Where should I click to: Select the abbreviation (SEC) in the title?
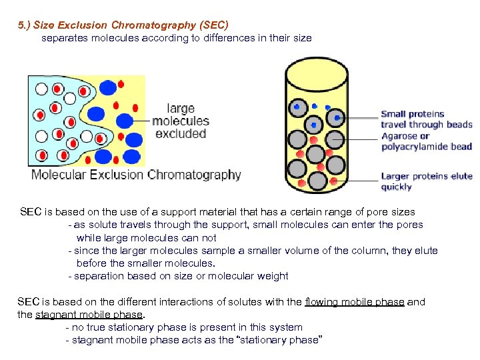pyautogui.click(x=213, y=25)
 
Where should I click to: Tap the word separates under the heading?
pyautogui.click(x=64, y=38)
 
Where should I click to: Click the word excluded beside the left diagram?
pyautogui.click(x=180, y=133)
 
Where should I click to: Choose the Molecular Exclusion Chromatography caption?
pyautogui.click(x=136, y=175)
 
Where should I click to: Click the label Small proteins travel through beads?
pyautogui.click(x=426, y=119)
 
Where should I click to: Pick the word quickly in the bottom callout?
pyautogui.click(x=397, y=187)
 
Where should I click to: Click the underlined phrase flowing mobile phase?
pyautogui.click(x=354, y=301)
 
